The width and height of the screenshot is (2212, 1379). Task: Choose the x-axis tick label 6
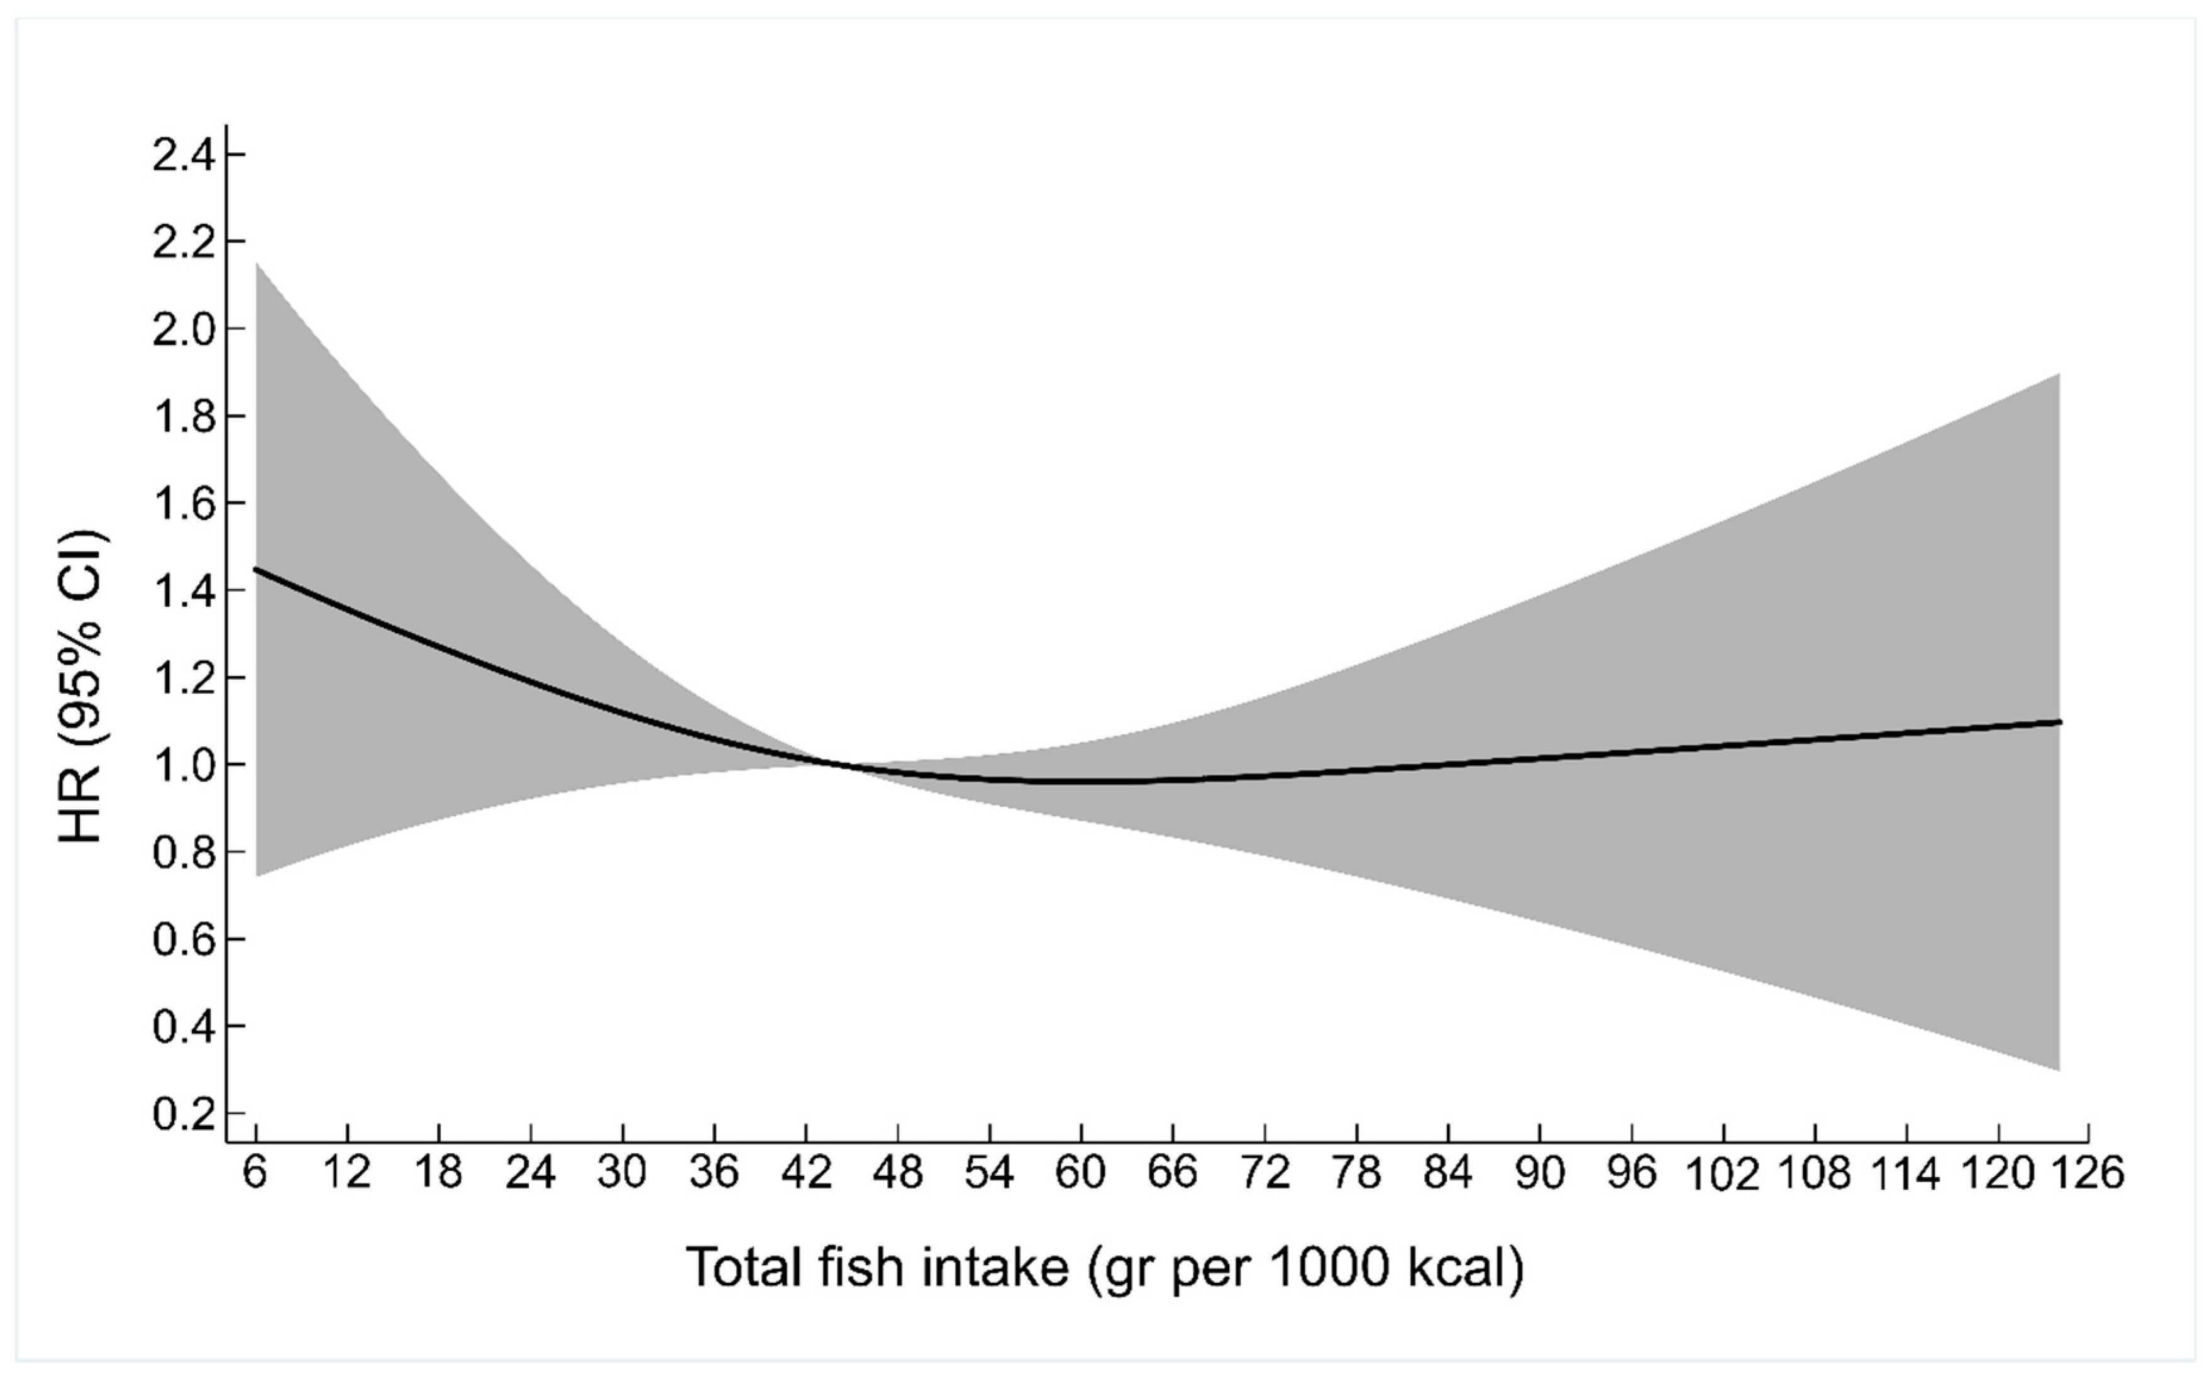(255, 1173)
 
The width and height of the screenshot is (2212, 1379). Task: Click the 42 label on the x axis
(806, 1173)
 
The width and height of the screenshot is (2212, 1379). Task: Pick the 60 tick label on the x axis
(1081, 1173)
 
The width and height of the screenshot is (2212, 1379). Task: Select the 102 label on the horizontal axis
(1722, 1175)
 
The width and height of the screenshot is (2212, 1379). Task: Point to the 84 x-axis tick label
(1448, 1173)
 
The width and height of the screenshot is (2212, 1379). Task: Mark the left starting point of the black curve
(256, 569)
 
